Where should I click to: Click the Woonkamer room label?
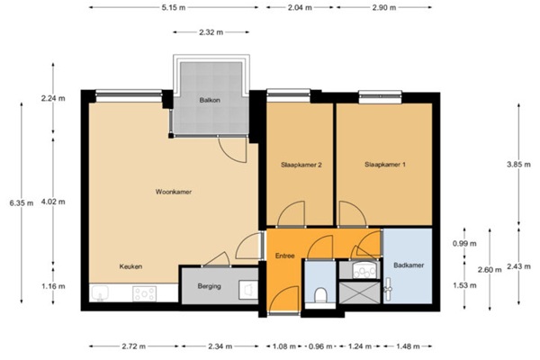coord(173,192)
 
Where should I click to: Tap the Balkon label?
coord(210,100)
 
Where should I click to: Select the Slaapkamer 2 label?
coord(301,165)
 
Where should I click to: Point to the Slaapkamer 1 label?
coord(384,165)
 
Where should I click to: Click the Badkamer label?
coord(409,265)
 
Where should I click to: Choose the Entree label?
coord(284,256)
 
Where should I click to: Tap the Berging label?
coord(209,286)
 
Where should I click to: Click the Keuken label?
coord(130,266)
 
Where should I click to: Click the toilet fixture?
coord(320,295)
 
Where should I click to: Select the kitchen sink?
coord(100,292)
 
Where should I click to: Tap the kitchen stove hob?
coord(145,293)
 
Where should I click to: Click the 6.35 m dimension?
coord(22,202)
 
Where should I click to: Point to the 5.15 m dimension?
coord(173,7)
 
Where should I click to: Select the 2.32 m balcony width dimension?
coord(211,32)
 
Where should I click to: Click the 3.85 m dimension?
coord(518,165)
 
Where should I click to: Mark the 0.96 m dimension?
coord(320,346)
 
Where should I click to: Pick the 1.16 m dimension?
coord(53,286)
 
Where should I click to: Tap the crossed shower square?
coord(359,292)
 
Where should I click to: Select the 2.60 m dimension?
coord(490,269)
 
